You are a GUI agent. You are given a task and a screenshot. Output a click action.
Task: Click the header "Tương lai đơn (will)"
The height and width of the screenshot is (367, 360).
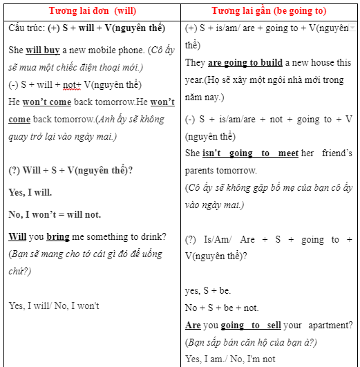(92, 11)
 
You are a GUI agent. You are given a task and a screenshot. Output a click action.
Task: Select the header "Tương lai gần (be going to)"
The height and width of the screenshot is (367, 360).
(269, 11)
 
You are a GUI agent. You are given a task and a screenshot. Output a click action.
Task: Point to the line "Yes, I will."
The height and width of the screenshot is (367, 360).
(30, 193)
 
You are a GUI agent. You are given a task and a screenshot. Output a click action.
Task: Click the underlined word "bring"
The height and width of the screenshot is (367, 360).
(58, 237)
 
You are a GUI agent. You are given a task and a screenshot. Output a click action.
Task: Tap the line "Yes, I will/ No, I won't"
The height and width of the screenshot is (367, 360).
(54, 305)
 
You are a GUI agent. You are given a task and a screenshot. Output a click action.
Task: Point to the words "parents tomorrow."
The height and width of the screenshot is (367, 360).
(221, 170)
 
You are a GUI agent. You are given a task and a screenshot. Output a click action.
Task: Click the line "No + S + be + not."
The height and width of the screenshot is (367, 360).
(222, 308)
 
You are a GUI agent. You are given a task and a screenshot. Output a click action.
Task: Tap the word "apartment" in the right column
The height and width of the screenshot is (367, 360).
(329, 325)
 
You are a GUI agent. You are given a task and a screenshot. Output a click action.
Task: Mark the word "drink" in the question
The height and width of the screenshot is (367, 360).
(151, 237)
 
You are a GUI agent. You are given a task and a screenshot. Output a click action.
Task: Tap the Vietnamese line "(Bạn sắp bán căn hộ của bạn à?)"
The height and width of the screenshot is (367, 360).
(250, 341)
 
